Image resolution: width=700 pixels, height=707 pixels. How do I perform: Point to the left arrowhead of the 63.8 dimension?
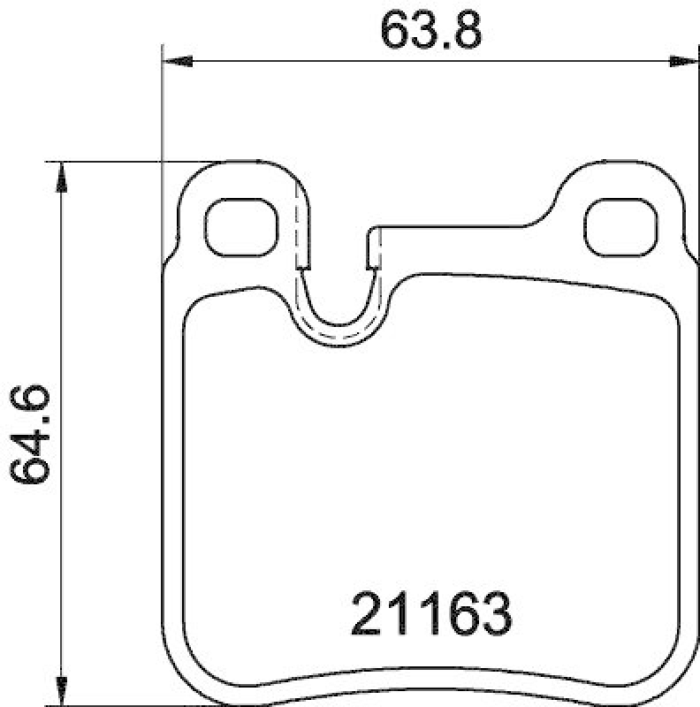coord(177,61)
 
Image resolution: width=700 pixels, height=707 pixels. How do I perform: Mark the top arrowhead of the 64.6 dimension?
coord(60,177)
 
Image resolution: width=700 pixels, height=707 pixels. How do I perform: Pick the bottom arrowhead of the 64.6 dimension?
coord(60,685)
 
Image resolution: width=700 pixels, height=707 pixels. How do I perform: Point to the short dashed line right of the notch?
coord(372,249)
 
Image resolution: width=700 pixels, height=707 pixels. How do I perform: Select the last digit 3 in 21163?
coord(496,612)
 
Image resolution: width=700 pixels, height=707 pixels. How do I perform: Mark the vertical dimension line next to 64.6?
coord(60,530)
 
